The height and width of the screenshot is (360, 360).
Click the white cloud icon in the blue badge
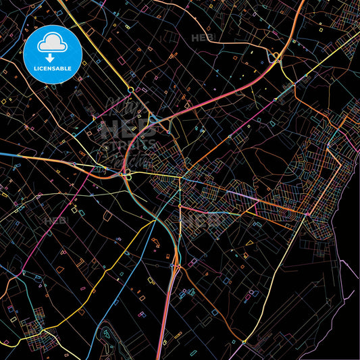[52, 42]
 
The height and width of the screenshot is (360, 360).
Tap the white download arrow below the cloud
[52, 57]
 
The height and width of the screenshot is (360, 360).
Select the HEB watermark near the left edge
[53, 220]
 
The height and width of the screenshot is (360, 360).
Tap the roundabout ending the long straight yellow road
[130, 88]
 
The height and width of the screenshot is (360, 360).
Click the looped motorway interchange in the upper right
[275, 59]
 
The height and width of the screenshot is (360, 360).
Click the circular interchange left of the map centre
[126, 175]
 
